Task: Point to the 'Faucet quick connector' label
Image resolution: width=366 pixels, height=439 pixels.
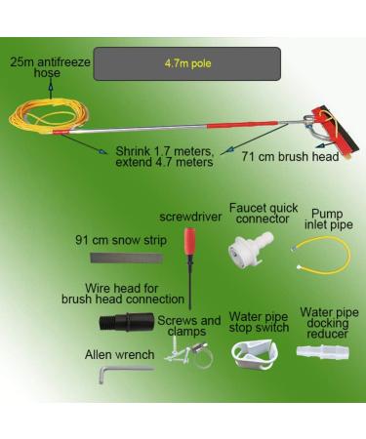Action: pyautogui.click(x=258, y=214)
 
